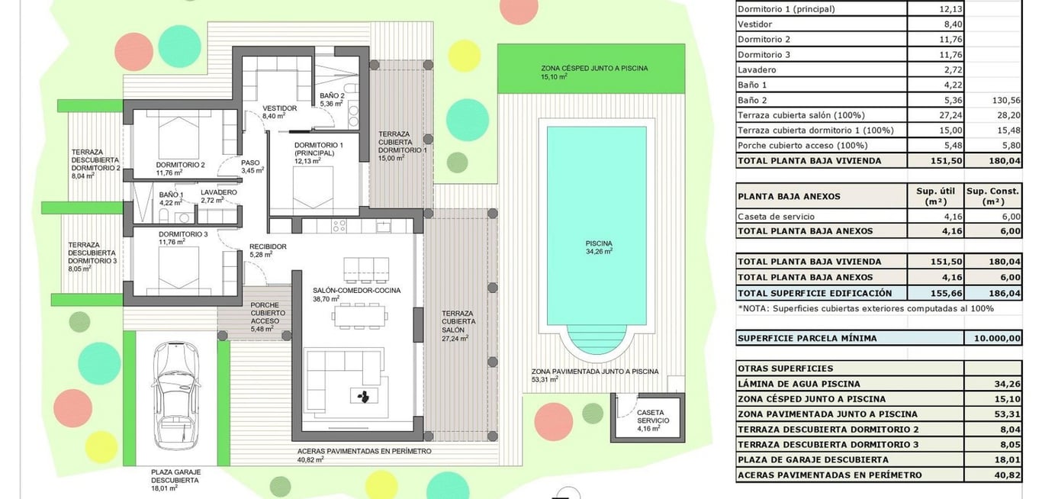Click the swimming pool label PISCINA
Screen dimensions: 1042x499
[599, 243]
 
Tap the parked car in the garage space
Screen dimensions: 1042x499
[176, 395]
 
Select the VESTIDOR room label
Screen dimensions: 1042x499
[280, 108]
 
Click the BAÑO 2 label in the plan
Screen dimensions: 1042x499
[332, 96]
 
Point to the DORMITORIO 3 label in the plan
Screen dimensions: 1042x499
[183, 234]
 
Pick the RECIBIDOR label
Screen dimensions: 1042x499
[268, 246]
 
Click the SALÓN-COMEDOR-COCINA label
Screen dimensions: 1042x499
[356, 291]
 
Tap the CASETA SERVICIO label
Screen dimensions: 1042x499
[653, 417]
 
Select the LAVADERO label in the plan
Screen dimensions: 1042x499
[219, 192]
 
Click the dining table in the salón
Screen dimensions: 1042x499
[359, 317]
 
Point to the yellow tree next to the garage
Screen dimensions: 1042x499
[101, 447]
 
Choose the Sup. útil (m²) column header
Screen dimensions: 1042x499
[935, 196]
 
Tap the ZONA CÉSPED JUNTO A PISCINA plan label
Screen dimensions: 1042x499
[594, 69]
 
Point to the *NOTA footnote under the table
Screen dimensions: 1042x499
[866, 308]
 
